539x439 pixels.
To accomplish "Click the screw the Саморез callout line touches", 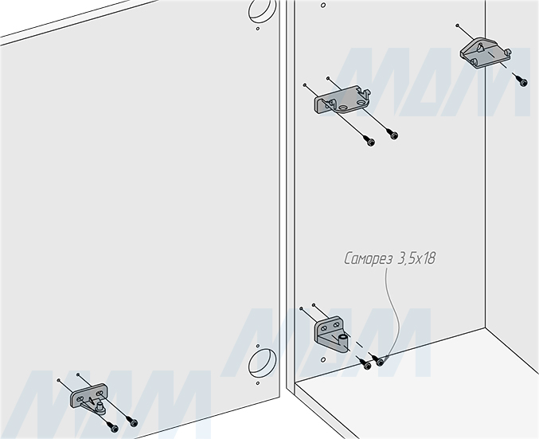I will (x=381, y=363).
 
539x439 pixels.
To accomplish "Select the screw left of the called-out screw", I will (x=366, y=364).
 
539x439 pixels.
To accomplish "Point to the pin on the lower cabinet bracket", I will (x=342, y=339).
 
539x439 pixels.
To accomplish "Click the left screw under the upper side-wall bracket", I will (x=369, y=141).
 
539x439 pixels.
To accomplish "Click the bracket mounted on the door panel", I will (x=88, y=395).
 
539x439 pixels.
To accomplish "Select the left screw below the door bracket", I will (x=114, y=429).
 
